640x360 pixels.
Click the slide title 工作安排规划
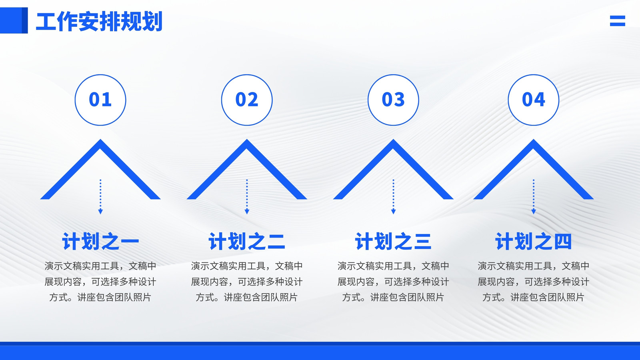(99, 21)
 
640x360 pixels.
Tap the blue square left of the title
(14, 20)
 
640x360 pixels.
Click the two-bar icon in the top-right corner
(618, 21)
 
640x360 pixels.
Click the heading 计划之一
(100, 242)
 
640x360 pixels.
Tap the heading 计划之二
(247, 242)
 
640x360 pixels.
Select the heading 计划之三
(393, 242)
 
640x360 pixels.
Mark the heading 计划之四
(534, 242)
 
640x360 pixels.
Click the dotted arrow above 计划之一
(100, 197)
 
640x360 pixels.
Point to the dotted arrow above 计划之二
(247, 197)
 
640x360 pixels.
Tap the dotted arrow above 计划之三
(393, 197)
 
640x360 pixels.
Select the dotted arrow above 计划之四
(534, 197)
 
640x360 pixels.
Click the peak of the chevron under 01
(100, 140)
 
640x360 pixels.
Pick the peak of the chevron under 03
(393, 140)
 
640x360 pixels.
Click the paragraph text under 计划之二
(247, 282)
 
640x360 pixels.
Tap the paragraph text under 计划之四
(534, 282)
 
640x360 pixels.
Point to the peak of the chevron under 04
(534, 140)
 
